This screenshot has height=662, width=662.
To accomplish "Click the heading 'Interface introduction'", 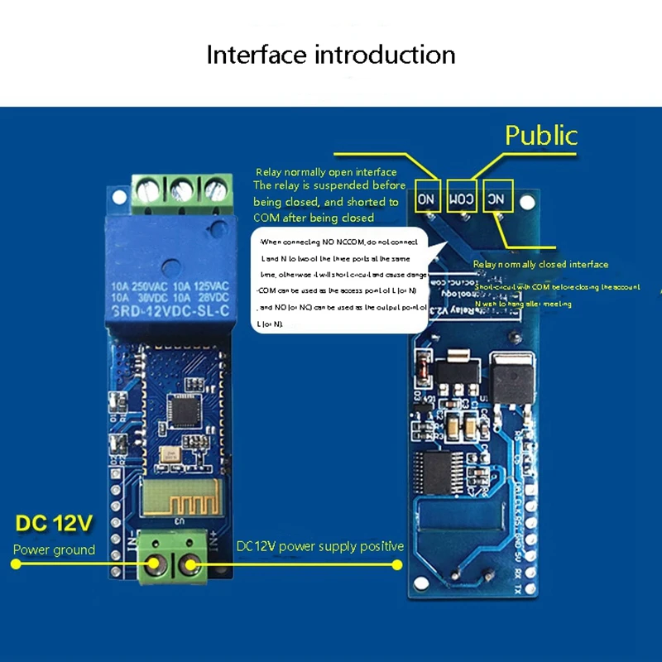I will click(x=331, y=55).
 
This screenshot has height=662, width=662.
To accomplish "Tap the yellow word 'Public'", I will click(x=541, y=135).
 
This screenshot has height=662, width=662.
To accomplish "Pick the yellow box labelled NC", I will click(x=497, y=198).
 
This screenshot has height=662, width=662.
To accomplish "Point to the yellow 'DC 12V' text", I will click(x=55, y=524).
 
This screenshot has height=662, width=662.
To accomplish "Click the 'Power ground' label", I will click(x=54, y=549).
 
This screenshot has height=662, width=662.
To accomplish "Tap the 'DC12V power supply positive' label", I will click(x=320, y=546).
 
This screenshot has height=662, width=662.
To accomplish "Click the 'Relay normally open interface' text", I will click(x=326, y=172).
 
